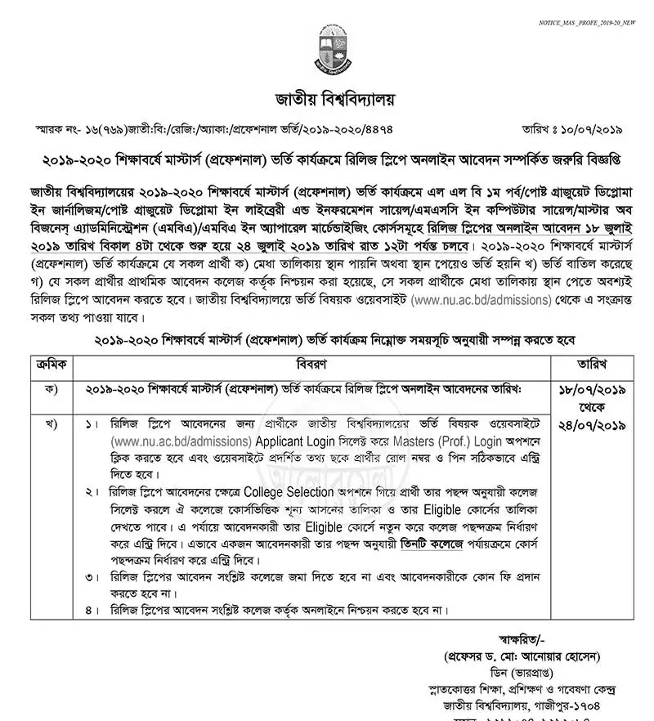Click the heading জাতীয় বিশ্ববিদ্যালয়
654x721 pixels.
326,101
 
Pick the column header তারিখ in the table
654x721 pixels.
589,362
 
